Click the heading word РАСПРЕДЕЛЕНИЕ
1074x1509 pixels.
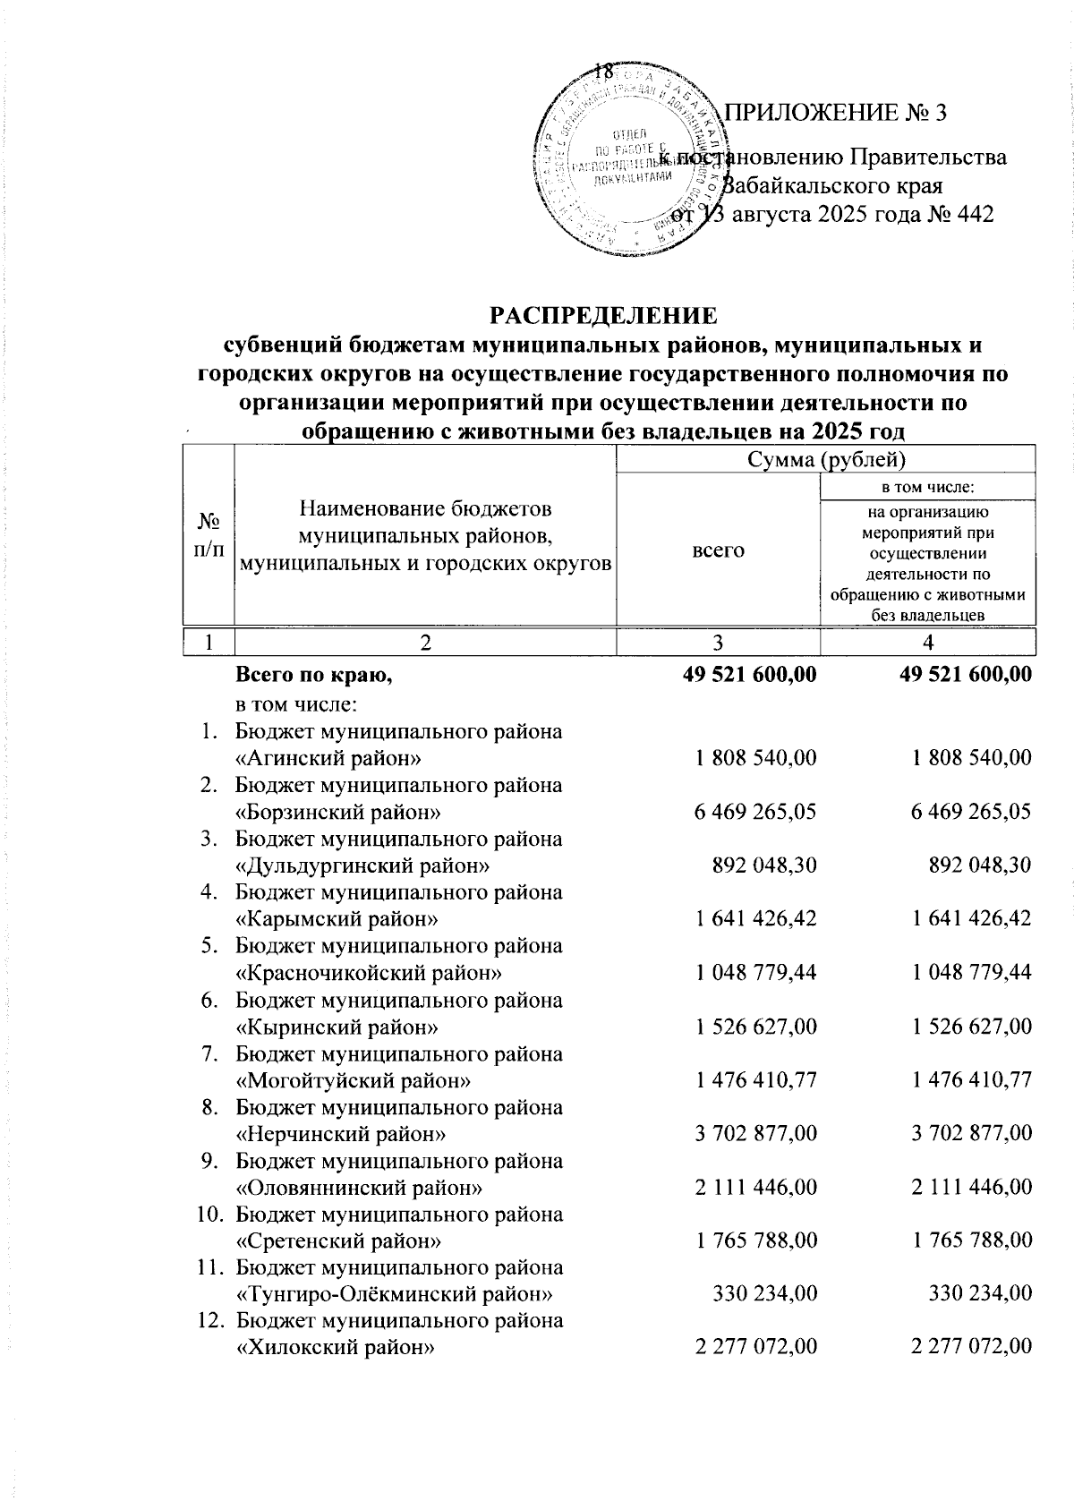click(601, 315)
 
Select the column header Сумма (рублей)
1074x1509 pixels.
click(826, 460)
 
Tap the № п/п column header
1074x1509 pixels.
click(208, 535)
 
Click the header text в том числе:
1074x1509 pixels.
click(927, 487)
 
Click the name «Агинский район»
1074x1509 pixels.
click(328, 758)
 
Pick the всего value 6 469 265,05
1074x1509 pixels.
click(755, 812)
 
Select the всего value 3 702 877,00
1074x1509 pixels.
click(755, 1134)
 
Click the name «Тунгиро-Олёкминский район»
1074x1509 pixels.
click(392, 1295)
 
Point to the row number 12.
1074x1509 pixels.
click(208, 1321)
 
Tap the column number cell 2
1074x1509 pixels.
click(425, 643)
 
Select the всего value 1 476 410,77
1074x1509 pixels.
click(755, 1080)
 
